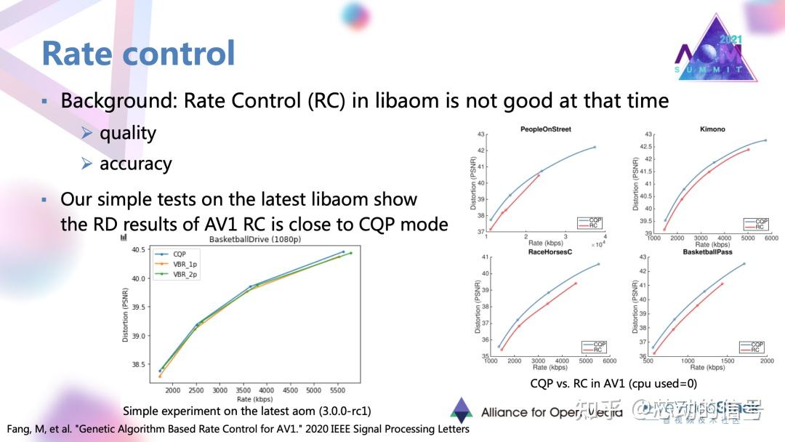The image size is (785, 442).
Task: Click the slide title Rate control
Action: (x=138, y=54)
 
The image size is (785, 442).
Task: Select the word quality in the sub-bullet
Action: (x=128, y=133)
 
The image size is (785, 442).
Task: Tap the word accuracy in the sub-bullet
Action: (x=135, y=164)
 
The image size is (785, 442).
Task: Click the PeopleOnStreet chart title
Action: (x=545, y=129)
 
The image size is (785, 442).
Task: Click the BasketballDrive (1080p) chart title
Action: (x=254, y=239)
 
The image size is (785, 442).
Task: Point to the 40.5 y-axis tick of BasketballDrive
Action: (x=137, y=249)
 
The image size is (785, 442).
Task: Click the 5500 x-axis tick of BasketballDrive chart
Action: (x=337, y=390)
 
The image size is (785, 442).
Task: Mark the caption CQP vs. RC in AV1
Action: (x=613, y=383)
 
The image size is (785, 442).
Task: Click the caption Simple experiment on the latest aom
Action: (x=246, y=411)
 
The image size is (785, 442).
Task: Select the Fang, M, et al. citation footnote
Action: (x=238, y=428)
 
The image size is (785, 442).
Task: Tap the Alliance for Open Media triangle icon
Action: (x=461, y=411)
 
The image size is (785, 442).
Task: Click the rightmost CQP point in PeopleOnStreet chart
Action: (x=595, y=147)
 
